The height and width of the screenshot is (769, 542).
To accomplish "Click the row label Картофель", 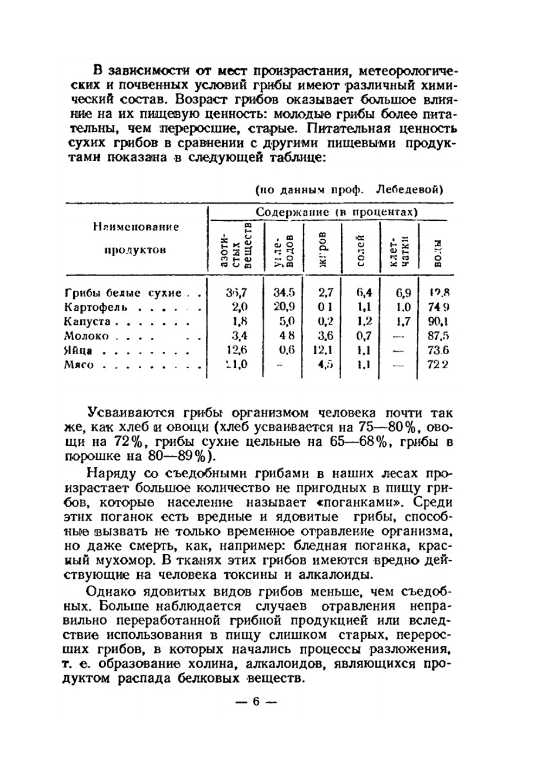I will pos(95,307).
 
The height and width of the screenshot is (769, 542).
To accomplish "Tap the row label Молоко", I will pos(86,336).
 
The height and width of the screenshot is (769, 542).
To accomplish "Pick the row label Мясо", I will pos(79,365).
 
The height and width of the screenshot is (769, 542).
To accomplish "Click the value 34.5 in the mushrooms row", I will pos(283,293).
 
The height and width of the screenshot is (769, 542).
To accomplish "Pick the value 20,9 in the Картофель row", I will pos(283,307).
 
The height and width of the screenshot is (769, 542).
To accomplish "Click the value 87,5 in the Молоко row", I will pos(438,336).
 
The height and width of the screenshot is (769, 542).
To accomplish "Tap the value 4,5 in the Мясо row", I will pos(325,364).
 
